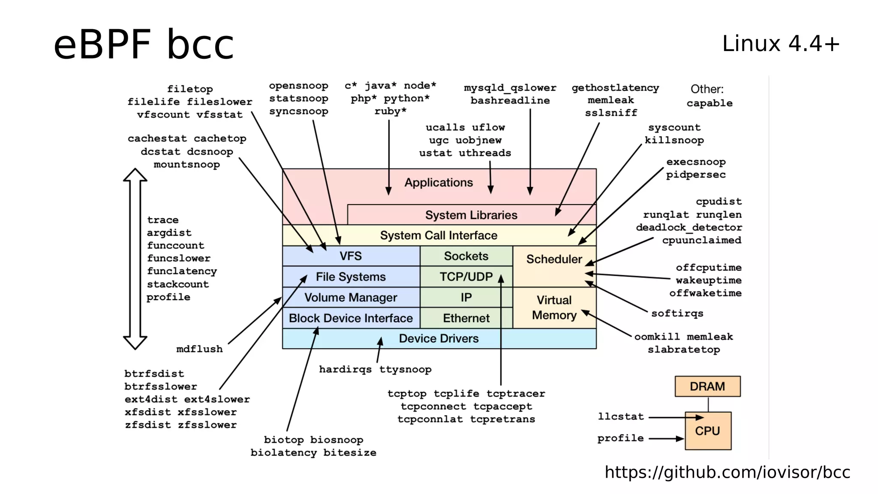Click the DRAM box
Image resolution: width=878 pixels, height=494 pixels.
click(707, 386)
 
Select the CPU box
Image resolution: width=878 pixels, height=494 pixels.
click(707, 431)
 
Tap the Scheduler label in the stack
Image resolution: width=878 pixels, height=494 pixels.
click(554, 259)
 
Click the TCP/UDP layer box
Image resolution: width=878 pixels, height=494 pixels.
click(466, 277)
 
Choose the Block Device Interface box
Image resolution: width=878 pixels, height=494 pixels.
click(351, 318)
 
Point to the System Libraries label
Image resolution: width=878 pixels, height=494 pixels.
click(471, 215)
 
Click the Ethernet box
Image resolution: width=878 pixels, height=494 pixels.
click(466, 318)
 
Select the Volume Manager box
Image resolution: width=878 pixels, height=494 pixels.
click(351, 298)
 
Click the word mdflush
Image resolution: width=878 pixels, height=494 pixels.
click(199, 349)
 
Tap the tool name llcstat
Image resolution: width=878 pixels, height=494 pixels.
click(621, 416)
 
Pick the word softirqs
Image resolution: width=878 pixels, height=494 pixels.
click(677, 313)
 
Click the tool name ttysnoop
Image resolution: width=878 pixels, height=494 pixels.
click(405, 369)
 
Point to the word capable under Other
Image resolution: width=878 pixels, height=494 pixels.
click(709, 103)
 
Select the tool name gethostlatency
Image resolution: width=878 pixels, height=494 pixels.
click(615, 88)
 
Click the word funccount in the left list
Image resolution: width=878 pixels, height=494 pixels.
click(175, 245)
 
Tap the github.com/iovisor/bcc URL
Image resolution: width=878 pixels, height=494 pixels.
click(727, 472)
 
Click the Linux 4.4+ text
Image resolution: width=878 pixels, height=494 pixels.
click(780, 44)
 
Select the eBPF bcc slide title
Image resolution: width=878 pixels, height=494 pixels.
click(144, 44)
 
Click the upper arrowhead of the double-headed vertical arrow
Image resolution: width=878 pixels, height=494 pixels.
click(135, 175)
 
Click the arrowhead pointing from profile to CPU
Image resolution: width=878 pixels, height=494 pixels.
click(680, 439)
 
